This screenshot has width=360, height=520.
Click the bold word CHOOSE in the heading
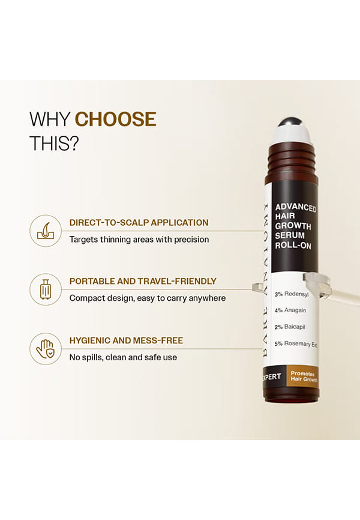116,119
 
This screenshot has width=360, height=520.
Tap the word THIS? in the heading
55,144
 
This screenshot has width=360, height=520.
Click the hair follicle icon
46,231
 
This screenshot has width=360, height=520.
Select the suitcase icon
46,289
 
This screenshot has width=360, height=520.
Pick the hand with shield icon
46,349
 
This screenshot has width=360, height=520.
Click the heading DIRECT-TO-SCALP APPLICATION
139,223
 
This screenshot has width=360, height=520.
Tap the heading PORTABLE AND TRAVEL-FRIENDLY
143,281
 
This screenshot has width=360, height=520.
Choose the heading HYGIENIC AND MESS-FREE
126,340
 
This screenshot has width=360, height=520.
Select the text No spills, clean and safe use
123,357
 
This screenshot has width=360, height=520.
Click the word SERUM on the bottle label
290,235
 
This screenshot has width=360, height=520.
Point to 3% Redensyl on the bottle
292,294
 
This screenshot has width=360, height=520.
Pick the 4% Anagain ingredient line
290,310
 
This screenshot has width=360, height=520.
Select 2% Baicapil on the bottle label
290,327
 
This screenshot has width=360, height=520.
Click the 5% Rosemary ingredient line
296,344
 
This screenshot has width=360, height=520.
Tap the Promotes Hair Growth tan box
302,376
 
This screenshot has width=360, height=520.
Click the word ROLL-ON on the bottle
293,246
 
